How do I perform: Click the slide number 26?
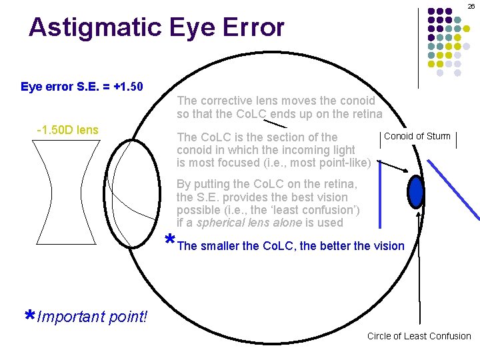[471, 6]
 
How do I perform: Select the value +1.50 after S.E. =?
[129, 87]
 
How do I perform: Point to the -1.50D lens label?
[67, 129]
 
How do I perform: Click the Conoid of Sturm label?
[417, 137]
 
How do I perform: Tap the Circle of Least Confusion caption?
[419, 336]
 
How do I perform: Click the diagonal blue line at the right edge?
[460, 187]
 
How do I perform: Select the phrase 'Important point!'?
[93, 317]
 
